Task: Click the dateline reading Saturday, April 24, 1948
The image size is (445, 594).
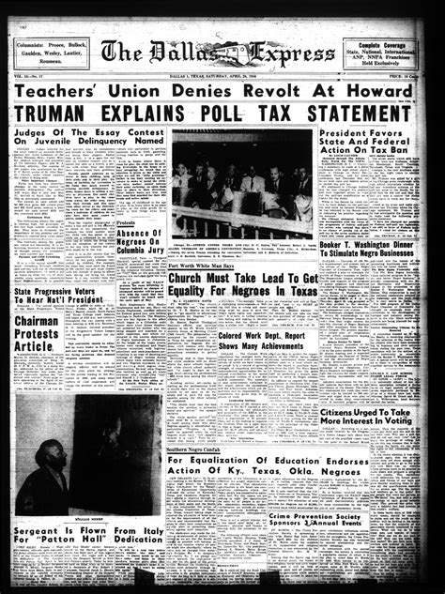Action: (x=247, y=77)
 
